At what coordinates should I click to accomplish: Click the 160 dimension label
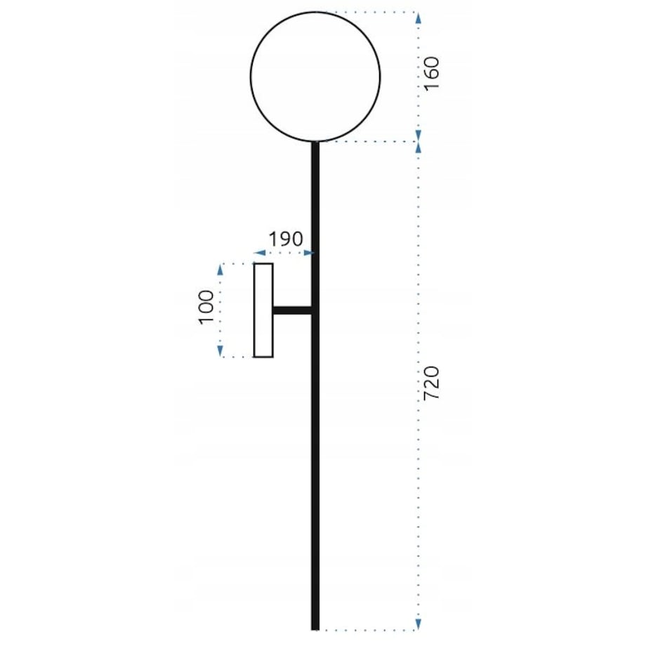click(432, 74)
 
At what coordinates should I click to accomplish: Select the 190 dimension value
click(286, 239)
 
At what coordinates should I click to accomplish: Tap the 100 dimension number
click(206, 308)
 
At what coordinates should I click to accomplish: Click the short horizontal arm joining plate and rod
click(292, 310)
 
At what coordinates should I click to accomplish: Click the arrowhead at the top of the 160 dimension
click(418, 18)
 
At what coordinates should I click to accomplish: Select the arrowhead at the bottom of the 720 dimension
click(418, 624)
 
